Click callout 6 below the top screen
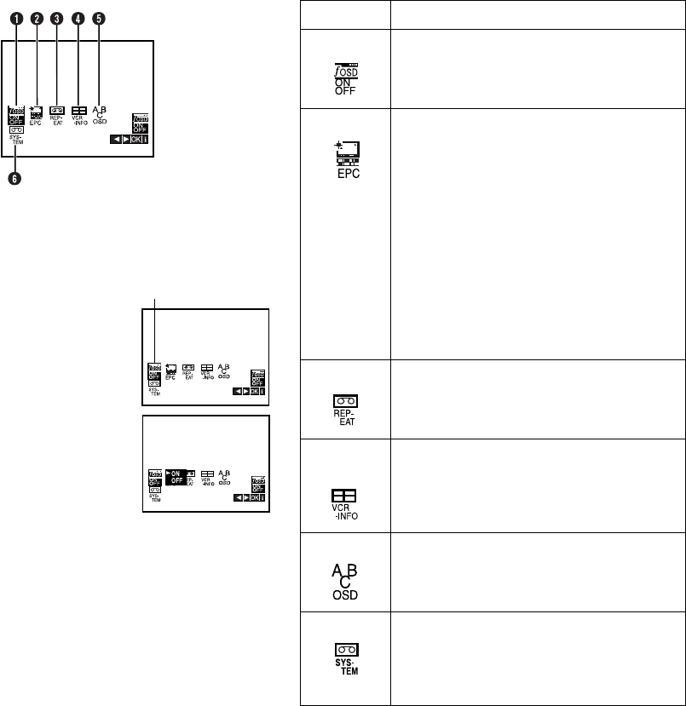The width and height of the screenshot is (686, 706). (x=15, y=178)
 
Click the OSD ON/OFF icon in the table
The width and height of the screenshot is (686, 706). (x=345, y=72)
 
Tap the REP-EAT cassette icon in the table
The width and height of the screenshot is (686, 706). (x=345, y=405)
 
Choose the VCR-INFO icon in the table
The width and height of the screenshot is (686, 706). (x=345, y=502)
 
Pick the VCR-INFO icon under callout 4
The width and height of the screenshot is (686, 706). (x=79, y=113)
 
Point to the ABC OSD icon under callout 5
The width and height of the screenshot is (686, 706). (x=101, y=113)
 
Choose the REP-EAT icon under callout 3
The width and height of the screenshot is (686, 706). (x=58, y=113)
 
